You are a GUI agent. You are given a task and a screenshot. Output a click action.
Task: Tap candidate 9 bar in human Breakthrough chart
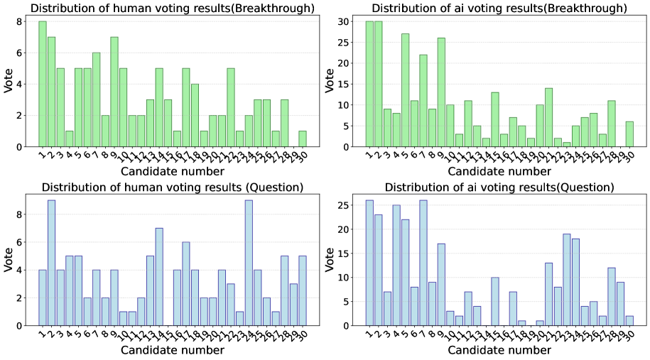[x=114, y=92]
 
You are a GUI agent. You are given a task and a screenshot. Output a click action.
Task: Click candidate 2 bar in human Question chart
[x=51, y=263]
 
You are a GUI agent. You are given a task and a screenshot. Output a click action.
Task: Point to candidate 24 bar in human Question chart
[x=249, y=263]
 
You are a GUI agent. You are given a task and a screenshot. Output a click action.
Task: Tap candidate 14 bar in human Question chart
[x=159, y=277]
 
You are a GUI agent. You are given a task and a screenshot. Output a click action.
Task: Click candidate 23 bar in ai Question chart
[x=567, y=280]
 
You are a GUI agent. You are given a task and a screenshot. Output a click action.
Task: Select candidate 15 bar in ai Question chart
[x=495, y=301]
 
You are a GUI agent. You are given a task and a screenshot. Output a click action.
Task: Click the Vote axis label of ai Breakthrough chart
[x=328, y=84]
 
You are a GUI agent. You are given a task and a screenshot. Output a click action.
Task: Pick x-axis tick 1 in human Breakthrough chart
[x=41, y=155]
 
